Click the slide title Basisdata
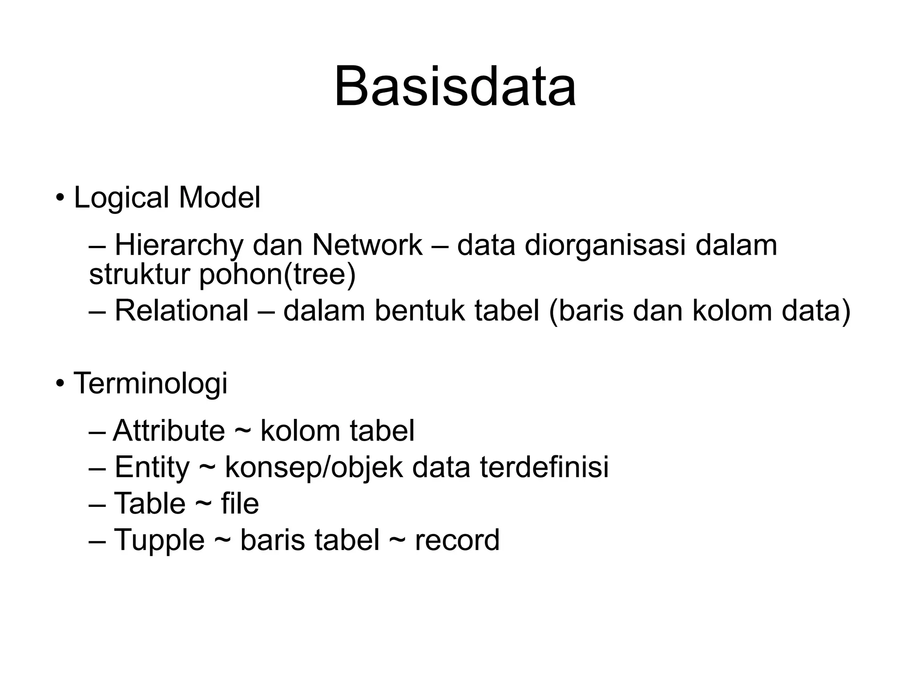455,86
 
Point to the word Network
367,245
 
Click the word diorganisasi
605,245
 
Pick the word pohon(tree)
277,274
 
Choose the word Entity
152,467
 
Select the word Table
150,503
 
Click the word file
240,503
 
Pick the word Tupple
159,540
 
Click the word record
457,540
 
